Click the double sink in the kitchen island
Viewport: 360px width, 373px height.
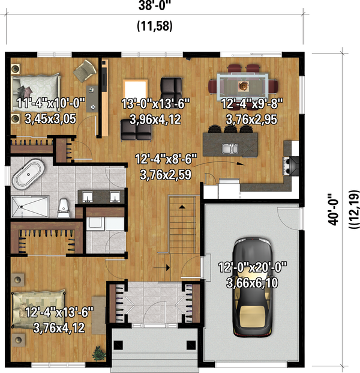tap(231, 148)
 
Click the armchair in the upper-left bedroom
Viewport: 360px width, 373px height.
tap(84, 73)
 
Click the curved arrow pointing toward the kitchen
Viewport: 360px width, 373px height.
tap(225, 163)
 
